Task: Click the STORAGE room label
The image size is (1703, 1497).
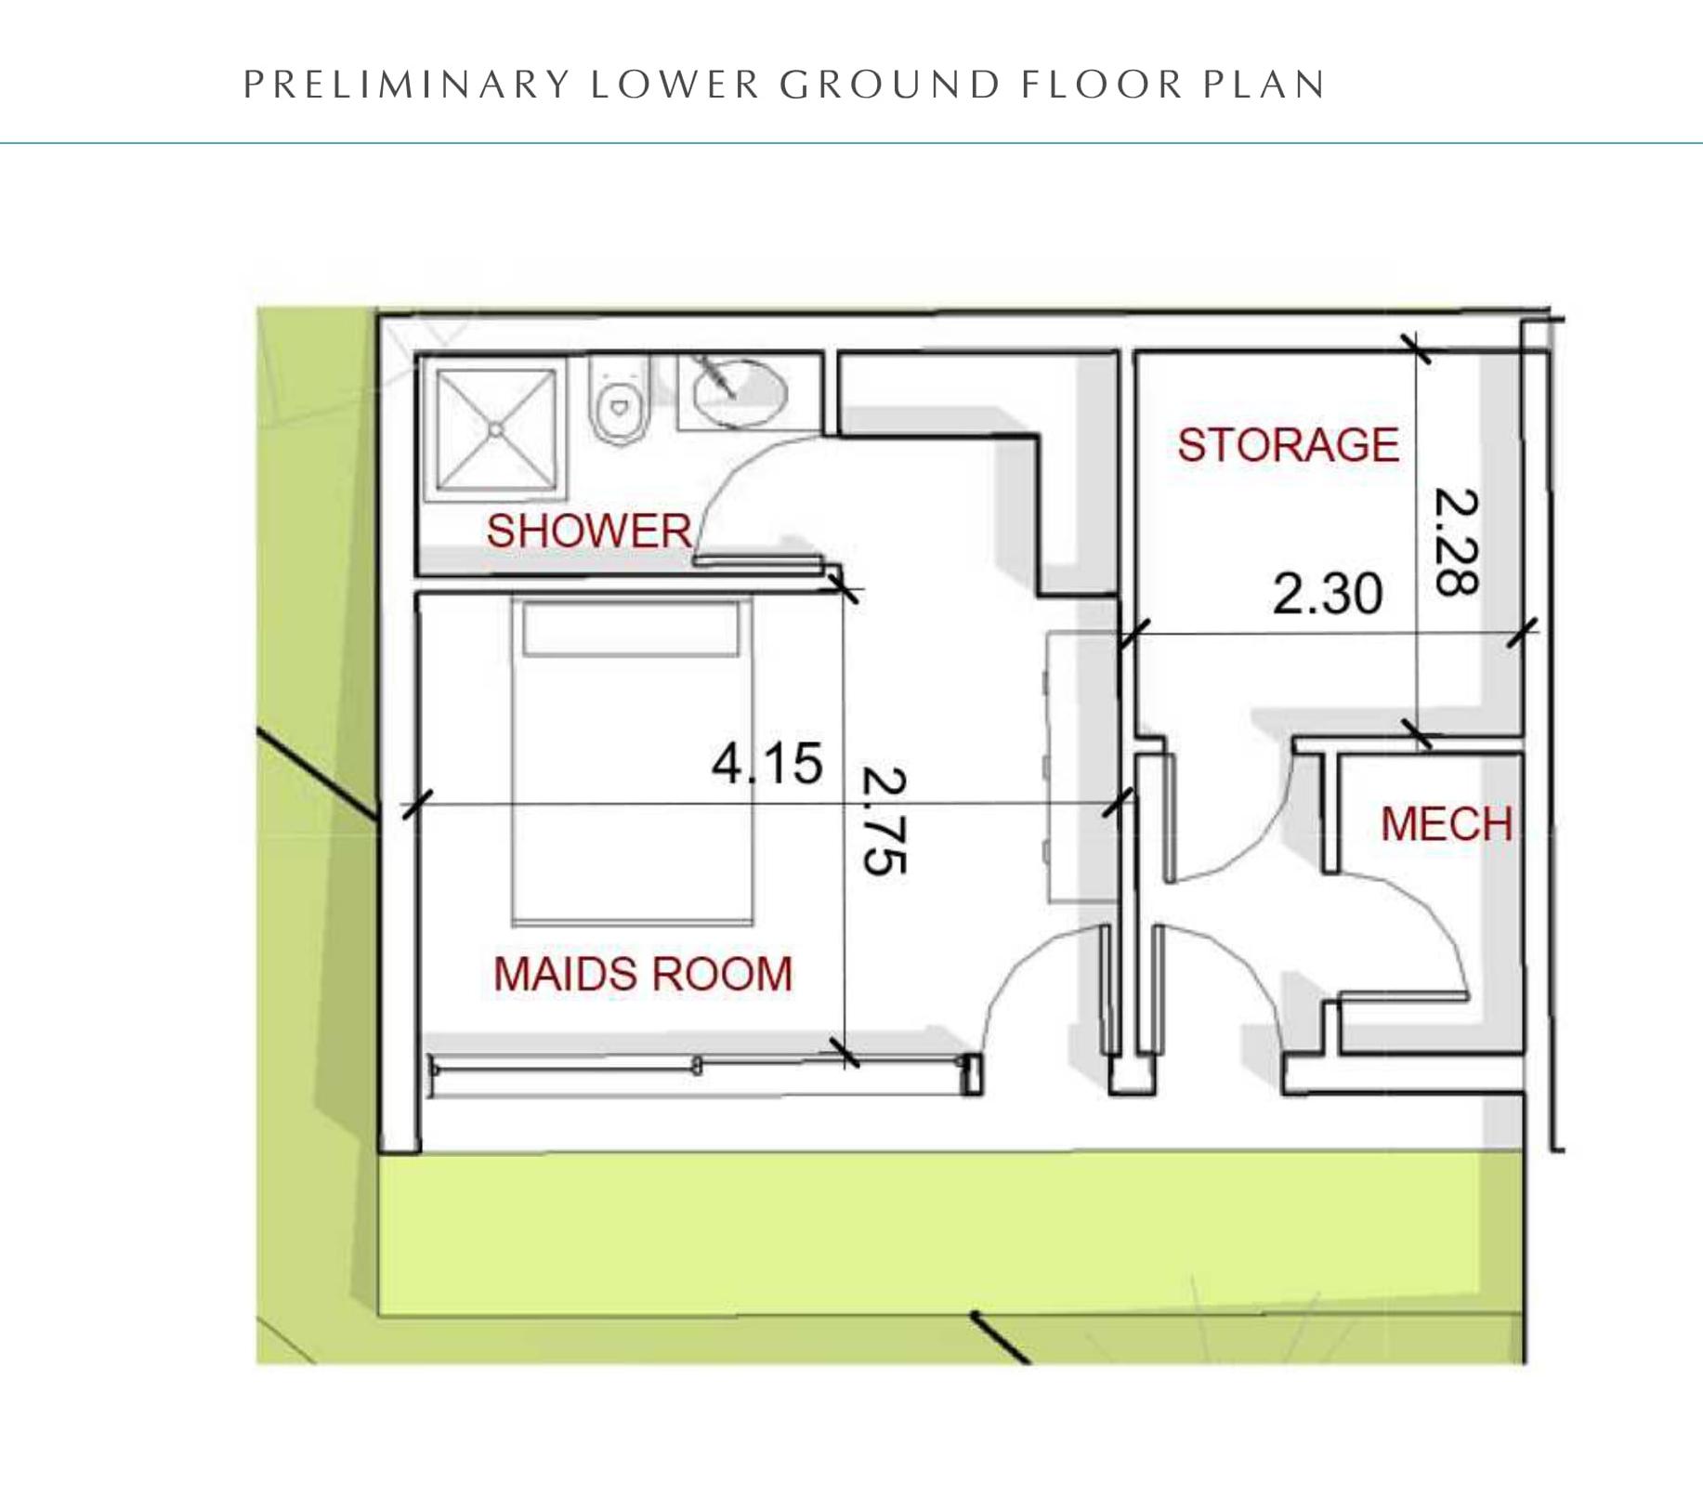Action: tap(1288, 444)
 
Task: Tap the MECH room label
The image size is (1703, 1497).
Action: tap(1447, 824)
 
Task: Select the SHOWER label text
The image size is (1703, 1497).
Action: tap(589, 531)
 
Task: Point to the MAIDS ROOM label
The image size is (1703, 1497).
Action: tap(643, 974)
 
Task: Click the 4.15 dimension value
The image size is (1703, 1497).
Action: tap(767, 763)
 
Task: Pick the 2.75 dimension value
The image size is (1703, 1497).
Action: tap(884, 821)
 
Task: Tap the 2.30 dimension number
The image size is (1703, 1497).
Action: tap(1328, 593)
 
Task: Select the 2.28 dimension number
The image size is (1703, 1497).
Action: tap(1456, 542)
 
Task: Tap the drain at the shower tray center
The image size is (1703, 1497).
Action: tap(496, 429)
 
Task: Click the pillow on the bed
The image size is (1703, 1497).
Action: tap(631, 629)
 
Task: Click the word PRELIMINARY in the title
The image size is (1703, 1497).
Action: tap(407, 85)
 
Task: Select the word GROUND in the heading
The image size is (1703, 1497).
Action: tap(890, 85)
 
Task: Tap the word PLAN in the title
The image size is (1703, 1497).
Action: tap(1264, 85)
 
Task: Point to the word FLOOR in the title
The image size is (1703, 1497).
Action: tap(1102, 85)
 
